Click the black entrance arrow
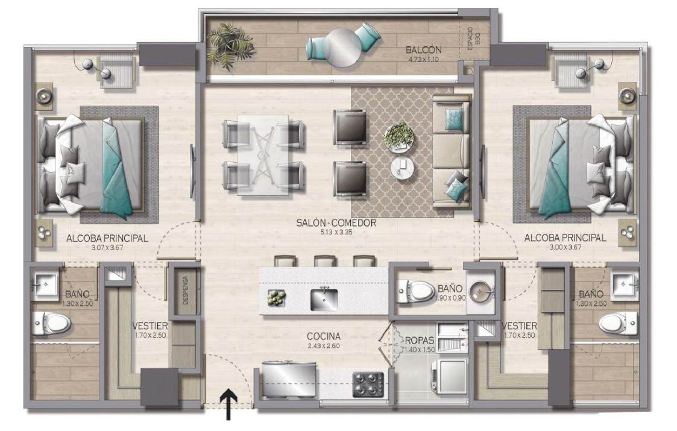point(228,404)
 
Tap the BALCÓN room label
point(424,49)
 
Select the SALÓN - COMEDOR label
point(336,223)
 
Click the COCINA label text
point(323,336)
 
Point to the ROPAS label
point(419,341)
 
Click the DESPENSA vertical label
point(185,290)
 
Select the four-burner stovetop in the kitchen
point(368,385)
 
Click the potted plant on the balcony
point(229,45)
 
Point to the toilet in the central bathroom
point(415,292)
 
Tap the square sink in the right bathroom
point(625,284)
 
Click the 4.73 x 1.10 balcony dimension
point(423,59)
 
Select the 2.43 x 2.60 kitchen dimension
point(323,346)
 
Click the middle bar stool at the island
point(325,261)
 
